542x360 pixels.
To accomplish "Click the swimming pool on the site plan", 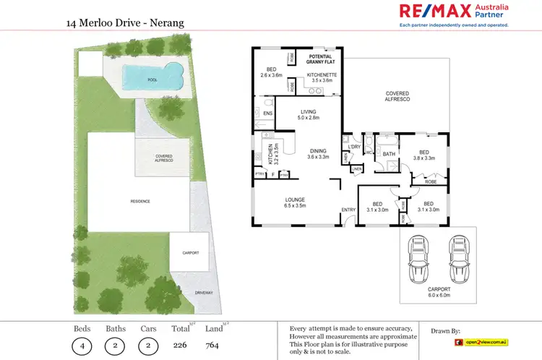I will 150,75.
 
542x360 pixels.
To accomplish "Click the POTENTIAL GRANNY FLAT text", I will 319,59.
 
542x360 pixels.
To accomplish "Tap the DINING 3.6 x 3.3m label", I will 319,153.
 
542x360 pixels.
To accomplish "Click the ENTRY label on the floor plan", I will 349,210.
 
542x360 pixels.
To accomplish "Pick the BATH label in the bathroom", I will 389,154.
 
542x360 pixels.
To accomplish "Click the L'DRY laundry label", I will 354,147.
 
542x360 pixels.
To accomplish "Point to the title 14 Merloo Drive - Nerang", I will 125,23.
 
